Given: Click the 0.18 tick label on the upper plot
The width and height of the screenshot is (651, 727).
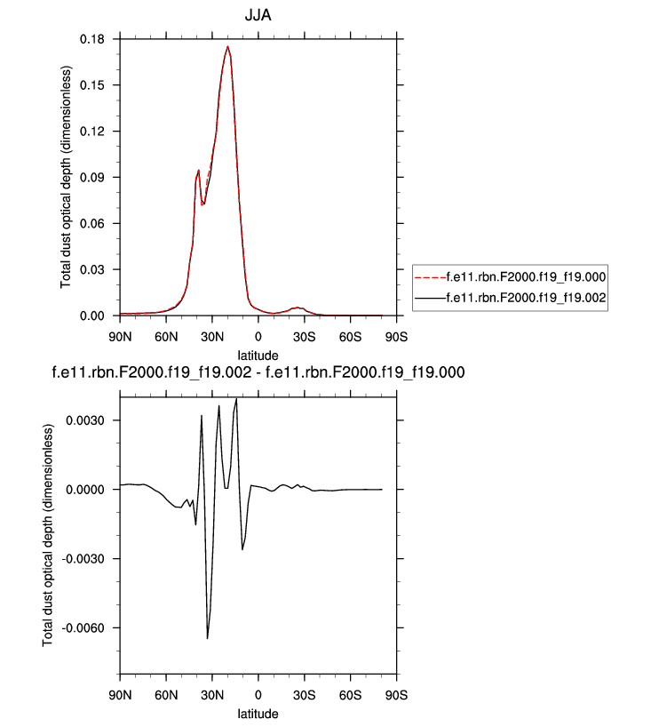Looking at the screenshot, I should (x=93, y=39).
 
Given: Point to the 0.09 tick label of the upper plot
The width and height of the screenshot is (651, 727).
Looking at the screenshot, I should (x=93, y=177).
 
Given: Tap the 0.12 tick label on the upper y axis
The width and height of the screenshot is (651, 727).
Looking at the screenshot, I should (x=93, y=131).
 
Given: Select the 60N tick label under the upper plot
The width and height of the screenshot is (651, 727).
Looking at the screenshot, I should (x=165, y=337).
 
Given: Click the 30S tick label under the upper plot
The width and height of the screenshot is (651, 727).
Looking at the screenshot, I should (x=304, y=337).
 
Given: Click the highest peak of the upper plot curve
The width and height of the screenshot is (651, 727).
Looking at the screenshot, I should (x=228, y=46).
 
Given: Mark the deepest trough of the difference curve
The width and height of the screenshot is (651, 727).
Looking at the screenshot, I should (x=208, y=638).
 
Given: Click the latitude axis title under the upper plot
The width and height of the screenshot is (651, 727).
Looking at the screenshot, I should (x=258, y=355).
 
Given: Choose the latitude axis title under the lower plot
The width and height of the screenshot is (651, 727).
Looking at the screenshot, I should (x=258, y=714).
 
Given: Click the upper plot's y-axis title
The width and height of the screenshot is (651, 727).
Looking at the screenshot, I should (x=67, y=178).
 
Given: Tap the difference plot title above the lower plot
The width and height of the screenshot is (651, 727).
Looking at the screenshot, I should (x=259, y=372).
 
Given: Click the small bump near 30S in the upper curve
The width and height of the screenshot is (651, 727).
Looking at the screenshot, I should (x=298, y=307).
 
